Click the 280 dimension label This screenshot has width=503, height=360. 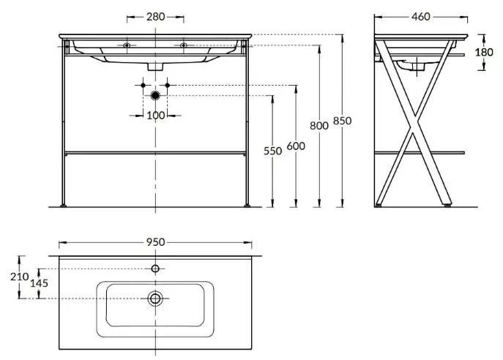pos(154,15)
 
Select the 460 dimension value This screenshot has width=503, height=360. pos(420,16)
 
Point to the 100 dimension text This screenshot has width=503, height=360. pos(154,115)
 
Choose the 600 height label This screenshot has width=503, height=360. pos(295,146)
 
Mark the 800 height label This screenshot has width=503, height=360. pos(319,125)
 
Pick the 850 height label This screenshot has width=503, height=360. pos(342,120)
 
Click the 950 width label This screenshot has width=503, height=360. pos(154,241)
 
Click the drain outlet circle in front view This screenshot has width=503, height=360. pos(154,96)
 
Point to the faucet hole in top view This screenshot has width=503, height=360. pos(155,269)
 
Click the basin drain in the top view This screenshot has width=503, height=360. pos(155,298)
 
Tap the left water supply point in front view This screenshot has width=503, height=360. pos(141,86)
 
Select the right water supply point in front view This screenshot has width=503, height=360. pos(168,86)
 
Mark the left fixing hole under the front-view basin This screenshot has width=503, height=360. pos(127,46)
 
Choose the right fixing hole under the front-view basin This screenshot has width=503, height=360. pos(183,46)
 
